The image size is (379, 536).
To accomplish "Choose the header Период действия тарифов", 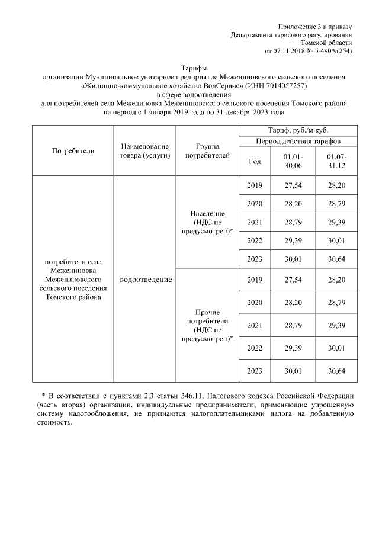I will click(x=298, y=142).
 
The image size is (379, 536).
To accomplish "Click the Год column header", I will click(x=255, y=161).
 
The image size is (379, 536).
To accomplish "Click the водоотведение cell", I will click(x=145, y=279).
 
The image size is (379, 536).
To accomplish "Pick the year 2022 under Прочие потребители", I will click(x=255, y=348).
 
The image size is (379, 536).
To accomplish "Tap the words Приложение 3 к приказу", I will click(x=315, y=27).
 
